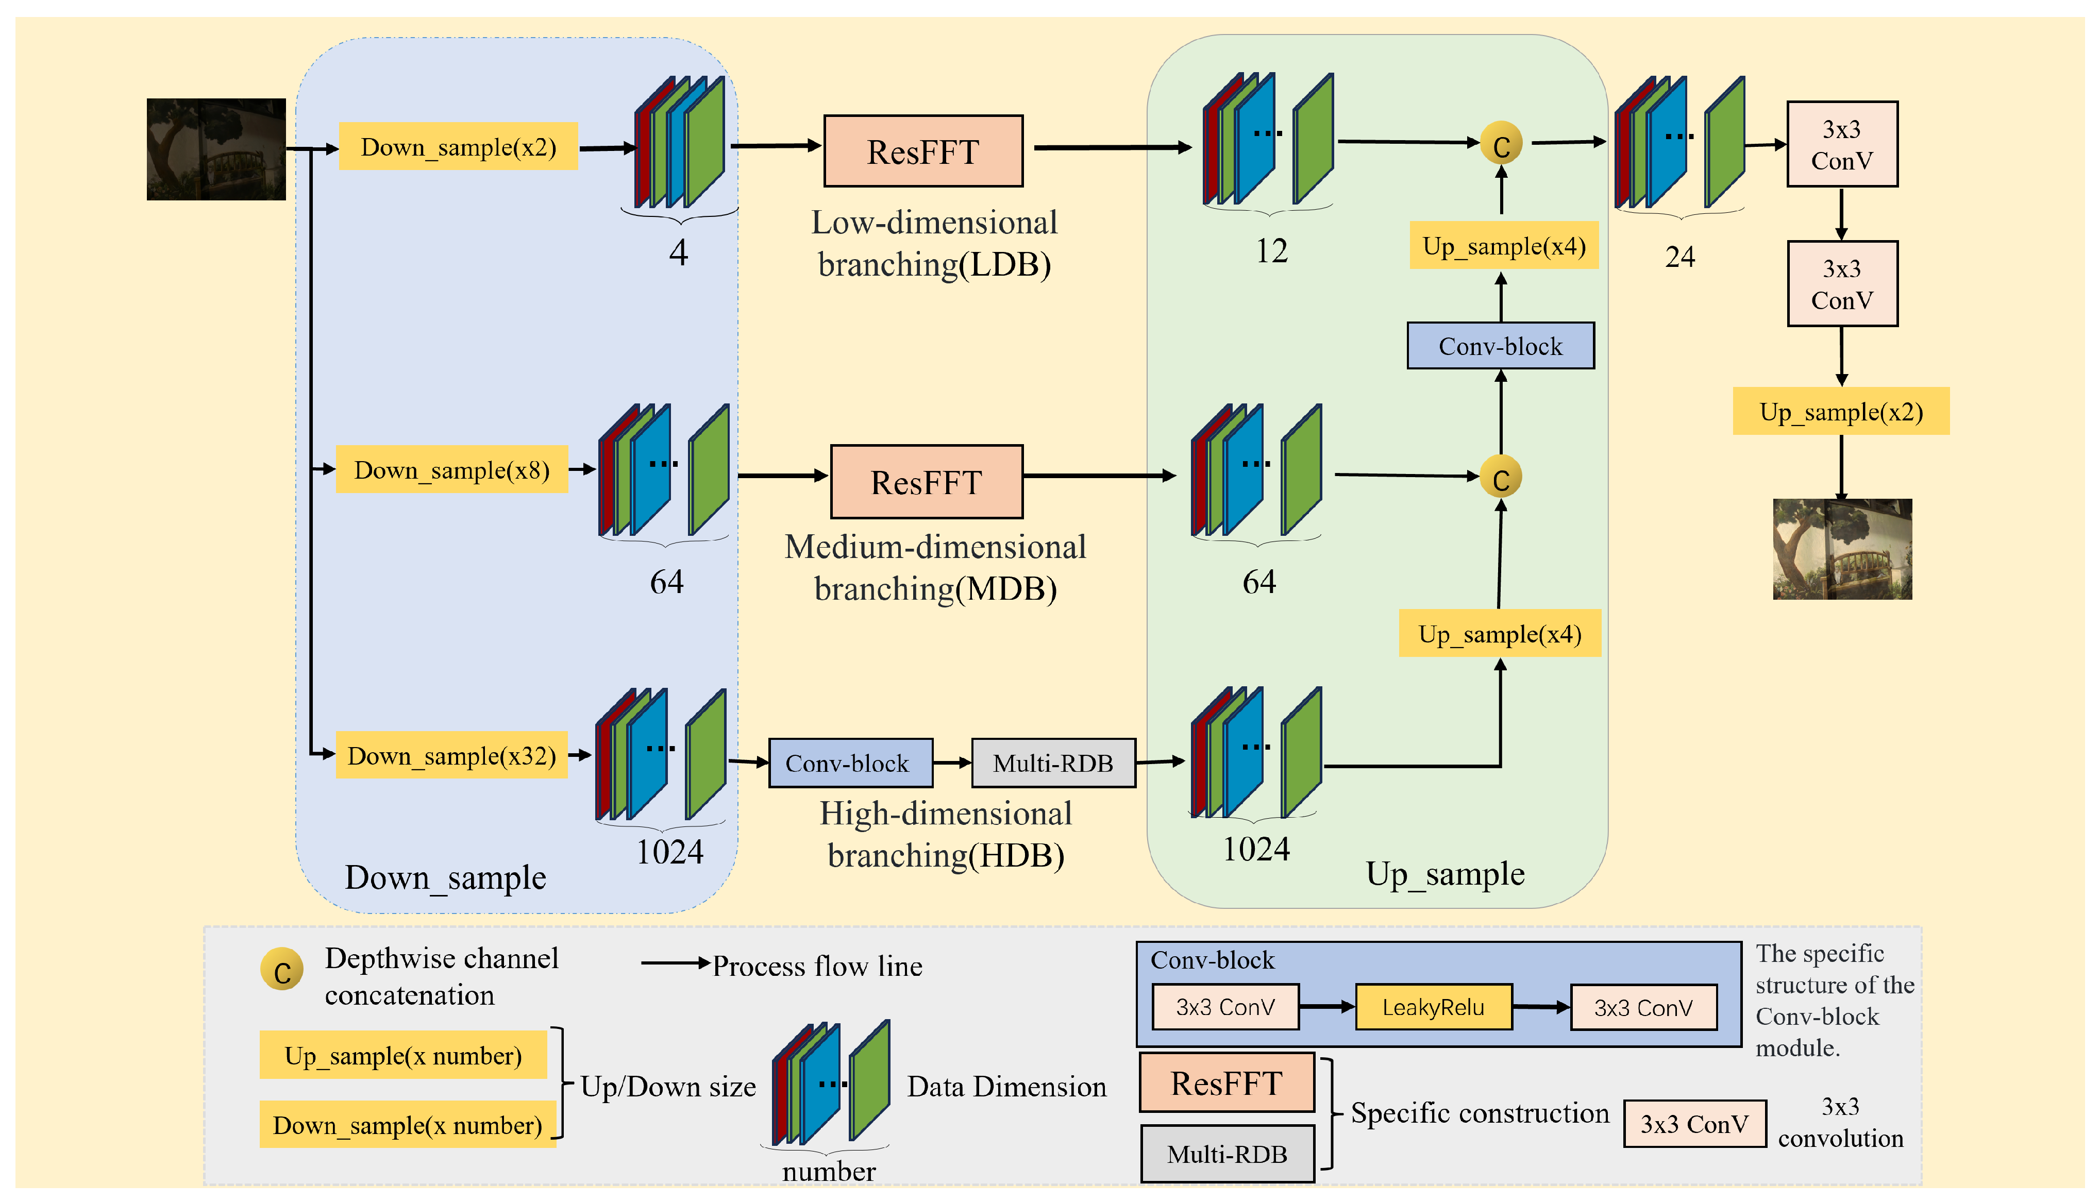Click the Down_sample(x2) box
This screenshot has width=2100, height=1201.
click(459, 147)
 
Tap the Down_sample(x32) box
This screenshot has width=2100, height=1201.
click(451, 755)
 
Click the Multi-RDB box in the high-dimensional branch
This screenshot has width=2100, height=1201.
click(1053, 763)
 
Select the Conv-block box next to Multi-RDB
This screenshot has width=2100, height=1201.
click(850, 763)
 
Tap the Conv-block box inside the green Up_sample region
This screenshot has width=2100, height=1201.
click(1500, 346)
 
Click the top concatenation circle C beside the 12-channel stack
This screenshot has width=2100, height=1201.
click(1501, 145)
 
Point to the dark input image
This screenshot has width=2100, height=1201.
click(216, 149)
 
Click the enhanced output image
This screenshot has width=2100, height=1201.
click(1842, 549)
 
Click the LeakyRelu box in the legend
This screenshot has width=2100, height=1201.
click(1434, 1007)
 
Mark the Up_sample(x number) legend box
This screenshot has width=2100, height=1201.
click(404, 1055)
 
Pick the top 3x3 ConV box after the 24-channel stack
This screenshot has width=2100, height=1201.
click(1842, 144)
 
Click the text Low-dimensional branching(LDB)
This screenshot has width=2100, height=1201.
click(934, 243)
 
